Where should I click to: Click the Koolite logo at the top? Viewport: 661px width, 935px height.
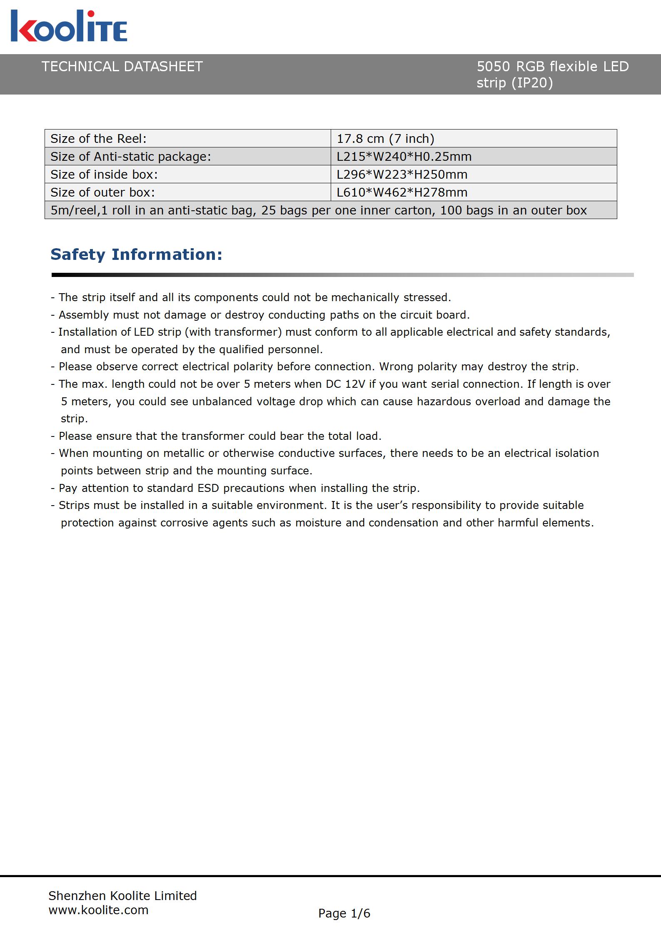pos(69,26)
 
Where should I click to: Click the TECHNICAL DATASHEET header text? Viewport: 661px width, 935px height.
pos(122,67)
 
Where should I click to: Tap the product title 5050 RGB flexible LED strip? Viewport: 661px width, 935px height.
pos(552,74)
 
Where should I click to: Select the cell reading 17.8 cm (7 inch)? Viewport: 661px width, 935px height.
pos(385,139)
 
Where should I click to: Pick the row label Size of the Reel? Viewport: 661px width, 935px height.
pos(99,139)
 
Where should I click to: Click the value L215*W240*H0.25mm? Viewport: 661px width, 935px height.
pos(404,157)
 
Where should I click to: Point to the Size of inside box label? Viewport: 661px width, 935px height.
pos(104,175)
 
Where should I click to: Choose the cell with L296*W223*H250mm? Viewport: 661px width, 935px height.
pos(402,175)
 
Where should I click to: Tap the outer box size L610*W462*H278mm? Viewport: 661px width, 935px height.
pos(402,192)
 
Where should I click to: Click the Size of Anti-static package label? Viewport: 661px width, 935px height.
pos(131,157)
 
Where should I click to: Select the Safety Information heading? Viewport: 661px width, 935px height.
pos(136,254)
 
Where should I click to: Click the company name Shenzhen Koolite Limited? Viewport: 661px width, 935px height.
pos(122,896)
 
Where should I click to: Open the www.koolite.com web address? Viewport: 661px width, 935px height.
pos(98,910)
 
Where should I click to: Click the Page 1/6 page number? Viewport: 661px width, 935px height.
pos(344,913)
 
